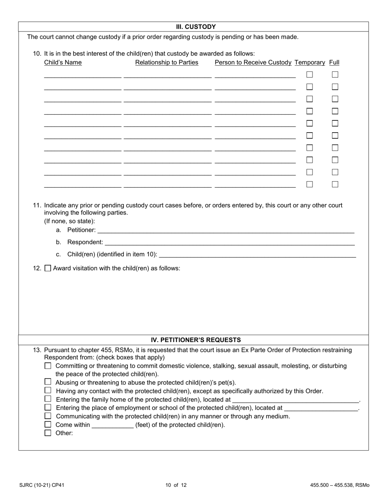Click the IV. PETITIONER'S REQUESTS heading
[196, 340]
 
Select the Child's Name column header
[63, 62]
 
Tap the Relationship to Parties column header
[167, 62]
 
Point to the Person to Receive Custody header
[253, 62]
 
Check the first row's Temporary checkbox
[310, 75]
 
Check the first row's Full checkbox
[335, 75]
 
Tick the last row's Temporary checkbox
[310, 184]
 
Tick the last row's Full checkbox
[335, 184]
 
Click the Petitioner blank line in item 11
[225, 230]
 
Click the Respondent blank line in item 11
[229, 242]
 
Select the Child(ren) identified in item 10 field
[257, 254]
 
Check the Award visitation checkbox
[48, 269]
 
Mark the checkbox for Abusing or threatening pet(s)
[48, 382]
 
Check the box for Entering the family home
[48, 399]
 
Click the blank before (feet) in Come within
[112, 425]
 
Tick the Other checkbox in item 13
[48, 433]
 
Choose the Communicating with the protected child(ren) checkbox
[48, 416]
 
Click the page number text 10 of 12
[176, 485]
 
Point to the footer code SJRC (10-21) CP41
[42, 485]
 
